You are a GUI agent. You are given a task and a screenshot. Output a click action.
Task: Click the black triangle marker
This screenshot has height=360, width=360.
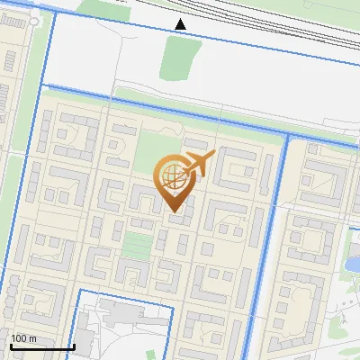coord(181,23)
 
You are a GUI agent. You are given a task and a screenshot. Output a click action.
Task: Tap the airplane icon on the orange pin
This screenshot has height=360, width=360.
coord(198,165)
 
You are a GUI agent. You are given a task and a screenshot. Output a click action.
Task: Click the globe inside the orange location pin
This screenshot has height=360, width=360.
coord(173,176)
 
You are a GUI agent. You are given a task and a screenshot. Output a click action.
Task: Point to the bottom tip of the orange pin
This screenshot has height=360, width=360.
coord(174,211)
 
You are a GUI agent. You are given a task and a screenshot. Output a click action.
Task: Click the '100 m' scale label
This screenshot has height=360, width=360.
coord(24,337)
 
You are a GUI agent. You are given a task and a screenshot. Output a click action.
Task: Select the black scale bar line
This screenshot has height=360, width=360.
coord(41,346)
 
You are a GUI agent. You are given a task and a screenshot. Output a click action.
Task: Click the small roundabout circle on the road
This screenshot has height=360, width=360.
coord(33,20)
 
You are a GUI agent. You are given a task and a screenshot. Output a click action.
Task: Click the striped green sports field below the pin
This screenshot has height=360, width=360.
coord(136,244)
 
